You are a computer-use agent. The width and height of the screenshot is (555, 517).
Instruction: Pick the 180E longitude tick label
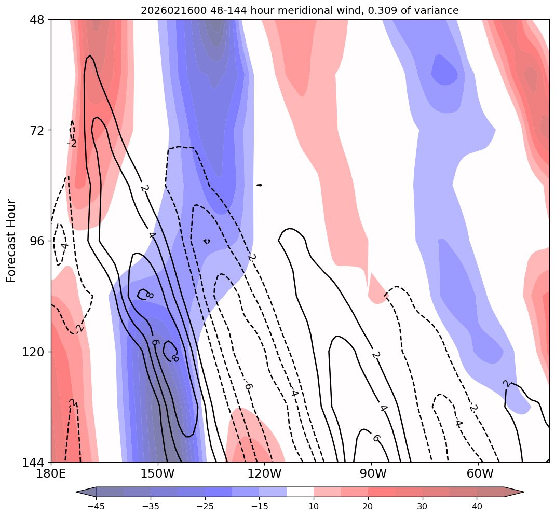[x=51, y=474]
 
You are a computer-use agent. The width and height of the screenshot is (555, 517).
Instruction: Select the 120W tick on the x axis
[x=265, y=474]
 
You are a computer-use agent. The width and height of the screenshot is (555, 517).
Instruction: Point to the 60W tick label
[x=479, y=474]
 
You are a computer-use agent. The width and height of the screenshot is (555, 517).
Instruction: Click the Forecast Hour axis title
[x=11, y=241]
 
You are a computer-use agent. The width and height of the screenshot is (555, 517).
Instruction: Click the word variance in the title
[x=440, y=10]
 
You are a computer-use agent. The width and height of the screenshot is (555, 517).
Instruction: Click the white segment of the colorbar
[x=300, y=492]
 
